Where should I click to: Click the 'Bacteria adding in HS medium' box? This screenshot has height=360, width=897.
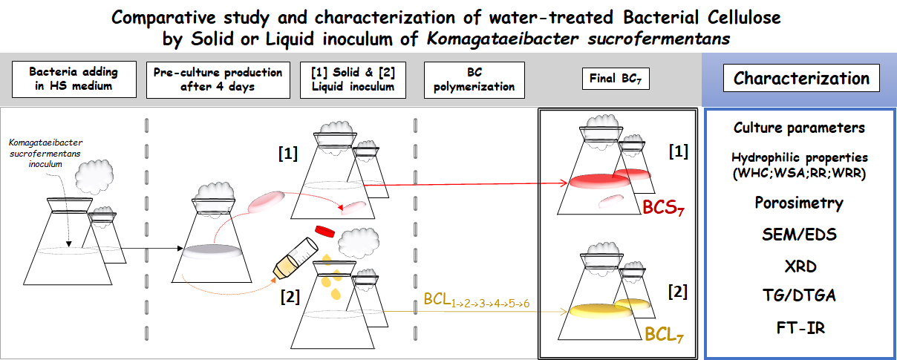(74, 79)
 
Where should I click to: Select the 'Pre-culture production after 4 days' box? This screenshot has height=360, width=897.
(218, 79)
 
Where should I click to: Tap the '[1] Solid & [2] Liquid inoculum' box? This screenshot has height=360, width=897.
(353, 79)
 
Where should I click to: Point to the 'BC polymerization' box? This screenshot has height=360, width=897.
(474, 79)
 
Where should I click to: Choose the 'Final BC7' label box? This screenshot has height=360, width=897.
(616, 79)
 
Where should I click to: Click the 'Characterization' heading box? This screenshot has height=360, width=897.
(801, 78)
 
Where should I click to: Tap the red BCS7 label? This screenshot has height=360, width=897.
(663, 207)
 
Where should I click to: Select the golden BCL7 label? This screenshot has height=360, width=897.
(664, 334)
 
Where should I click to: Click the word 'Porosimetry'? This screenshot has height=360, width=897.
(799, 203)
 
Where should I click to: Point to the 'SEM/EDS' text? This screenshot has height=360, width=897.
(799, 235)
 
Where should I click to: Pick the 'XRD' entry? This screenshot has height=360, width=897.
(800, 266)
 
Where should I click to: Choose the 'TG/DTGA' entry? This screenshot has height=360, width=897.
(799, 295)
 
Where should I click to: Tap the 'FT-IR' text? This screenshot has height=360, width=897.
(800, 328)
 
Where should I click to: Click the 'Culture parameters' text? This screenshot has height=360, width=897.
(799, 128)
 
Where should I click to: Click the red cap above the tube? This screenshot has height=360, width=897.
(324, 232)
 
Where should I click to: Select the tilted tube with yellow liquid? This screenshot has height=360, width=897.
(296, 259)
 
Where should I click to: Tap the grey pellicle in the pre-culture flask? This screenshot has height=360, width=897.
(212, 251)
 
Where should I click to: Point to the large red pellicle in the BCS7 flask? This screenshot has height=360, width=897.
(600, 181)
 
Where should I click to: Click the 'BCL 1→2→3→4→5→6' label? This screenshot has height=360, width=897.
(477, 301)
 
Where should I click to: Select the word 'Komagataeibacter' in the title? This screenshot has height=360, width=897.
(503, 39)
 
